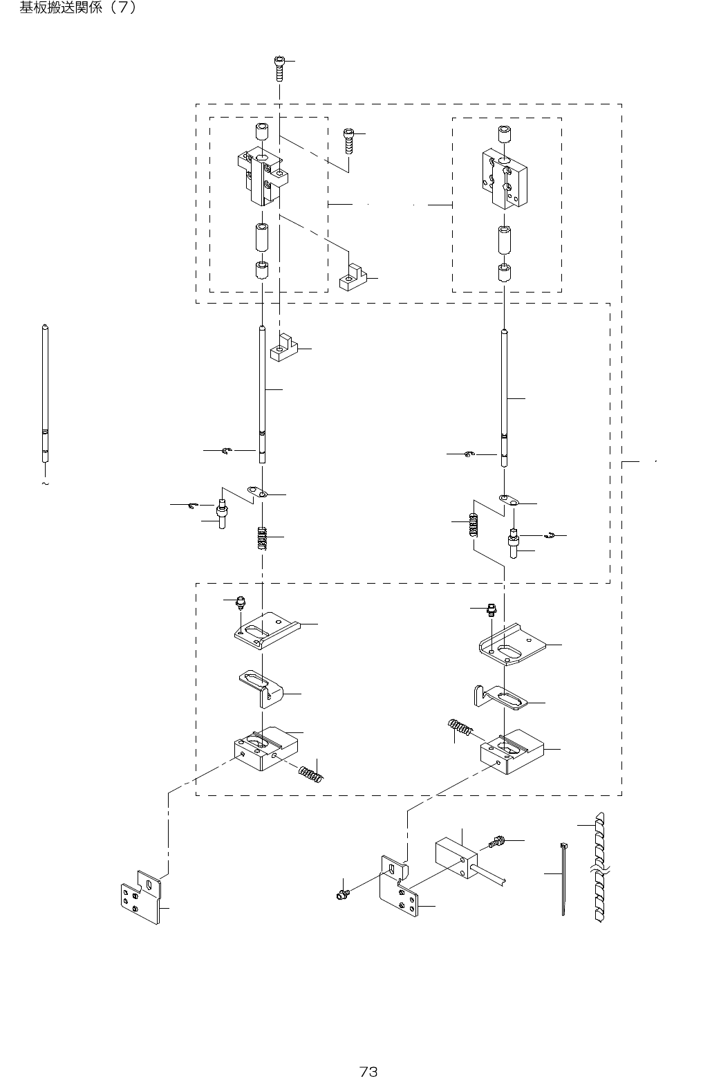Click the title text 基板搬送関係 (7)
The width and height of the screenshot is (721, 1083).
(77, 8)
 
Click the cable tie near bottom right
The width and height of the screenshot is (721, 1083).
(563, 878)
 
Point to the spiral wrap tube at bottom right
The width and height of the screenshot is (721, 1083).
(599, 868)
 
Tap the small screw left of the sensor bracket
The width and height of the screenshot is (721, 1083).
(341, 896)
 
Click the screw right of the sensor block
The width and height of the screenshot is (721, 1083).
(495, 843)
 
